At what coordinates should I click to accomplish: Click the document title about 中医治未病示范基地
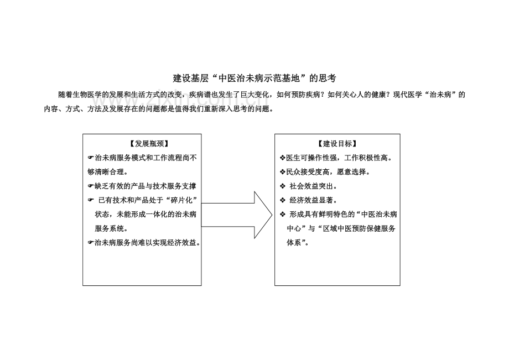pos(254,78)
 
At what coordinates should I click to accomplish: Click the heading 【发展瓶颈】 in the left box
pos(149,144)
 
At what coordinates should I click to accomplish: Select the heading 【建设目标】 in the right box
pos(337,144)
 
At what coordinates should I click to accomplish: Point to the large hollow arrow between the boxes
pos(237,215)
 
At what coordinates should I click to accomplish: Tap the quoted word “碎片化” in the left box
pos(184,200)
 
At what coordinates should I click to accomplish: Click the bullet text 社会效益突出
pos(311,186)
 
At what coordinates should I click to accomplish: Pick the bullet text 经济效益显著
pos(311,200)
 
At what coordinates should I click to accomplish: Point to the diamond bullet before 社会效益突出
pos(283,186)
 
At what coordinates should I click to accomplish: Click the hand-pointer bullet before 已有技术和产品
pos(91,200)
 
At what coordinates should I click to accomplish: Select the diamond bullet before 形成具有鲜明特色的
pos(283,215)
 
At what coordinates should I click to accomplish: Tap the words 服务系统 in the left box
pos(110,228)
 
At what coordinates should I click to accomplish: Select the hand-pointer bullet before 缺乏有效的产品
pos(91,186)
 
